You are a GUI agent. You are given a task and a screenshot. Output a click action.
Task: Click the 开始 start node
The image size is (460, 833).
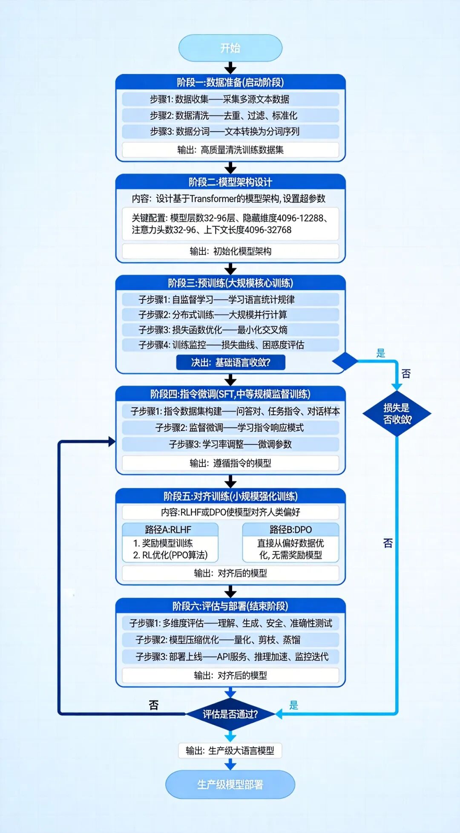(230, 48)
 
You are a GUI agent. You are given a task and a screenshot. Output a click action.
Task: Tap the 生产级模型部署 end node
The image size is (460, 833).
(230, 784)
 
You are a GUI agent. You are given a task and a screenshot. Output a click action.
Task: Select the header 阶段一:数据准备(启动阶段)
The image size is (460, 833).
(230, 82)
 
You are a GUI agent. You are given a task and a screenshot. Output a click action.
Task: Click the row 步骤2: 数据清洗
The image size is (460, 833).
(230, 115)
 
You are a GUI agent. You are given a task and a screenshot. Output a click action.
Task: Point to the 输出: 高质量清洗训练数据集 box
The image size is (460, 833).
(230, 150)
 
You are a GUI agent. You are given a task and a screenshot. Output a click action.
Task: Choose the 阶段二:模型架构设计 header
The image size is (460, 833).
(230, 182)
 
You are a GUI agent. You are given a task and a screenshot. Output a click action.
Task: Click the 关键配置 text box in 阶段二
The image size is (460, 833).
(230, 224)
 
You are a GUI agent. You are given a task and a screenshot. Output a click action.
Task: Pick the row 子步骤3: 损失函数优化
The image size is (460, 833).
(230, 330)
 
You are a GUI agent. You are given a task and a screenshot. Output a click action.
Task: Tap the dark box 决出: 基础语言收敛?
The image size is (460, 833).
(230, 363)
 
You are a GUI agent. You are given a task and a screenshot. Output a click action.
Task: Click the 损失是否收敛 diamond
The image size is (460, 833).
(397, 413)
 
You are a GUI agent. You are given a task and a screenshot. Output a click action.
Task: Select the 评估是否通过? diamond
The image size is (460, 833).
(230, 714)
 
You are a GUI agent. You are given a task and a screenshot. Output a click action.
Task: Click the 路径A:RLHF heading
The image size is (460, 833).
(170, 530)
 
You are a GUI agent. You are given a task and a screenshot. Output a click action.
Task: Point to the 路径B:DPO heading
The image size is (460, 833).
(290, 530)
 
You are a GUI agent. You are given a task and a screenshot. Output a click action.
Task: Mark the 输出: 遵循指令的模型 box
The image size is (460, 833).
(230, 463)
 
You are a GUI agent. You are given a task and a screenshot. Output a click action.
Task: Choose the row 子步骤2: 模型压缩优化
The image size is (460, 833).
(230, 640)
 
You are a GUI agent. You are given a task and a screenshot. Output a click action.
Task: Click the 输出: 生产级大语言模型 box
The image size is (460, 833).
(230, 750)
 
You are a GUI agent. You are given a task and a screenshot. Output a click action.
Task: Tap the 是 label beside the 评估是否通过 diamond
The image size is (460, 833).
(294, 705)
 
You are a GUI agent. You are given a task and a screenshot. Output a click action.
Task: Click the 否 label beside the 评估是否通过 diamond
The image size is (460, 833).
(154, 705)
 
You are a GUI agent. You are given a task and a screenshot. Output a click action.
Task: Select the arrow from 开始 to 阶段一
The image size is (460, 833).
(230, 67)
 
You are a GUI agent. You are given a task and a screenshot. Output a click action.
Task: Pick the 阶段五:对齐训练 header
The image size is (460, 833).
(230, 496)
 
